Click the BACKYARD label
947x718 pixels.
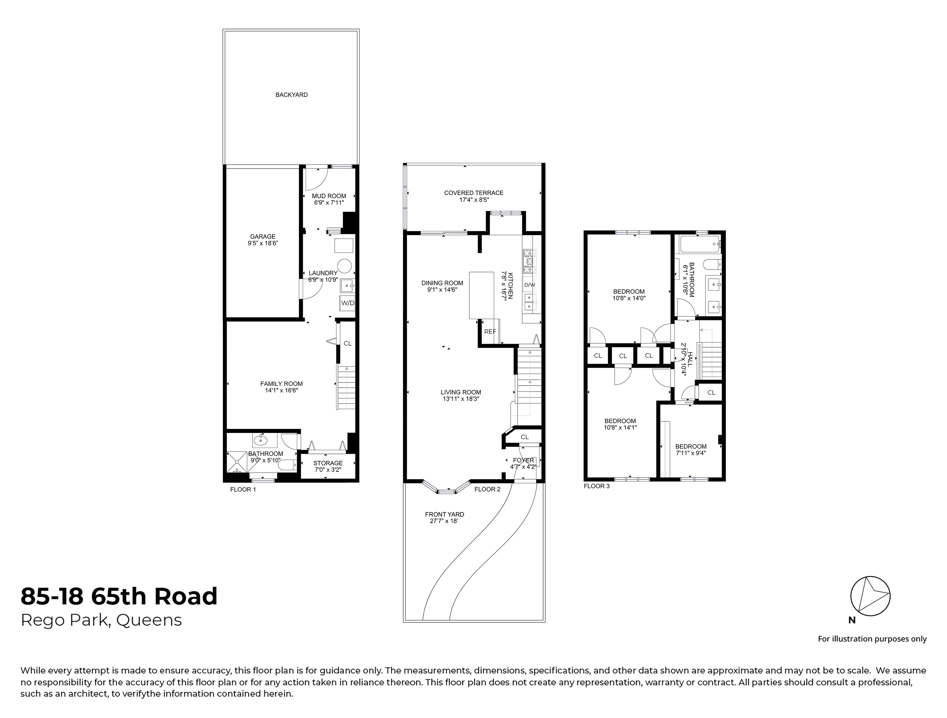[291, 95]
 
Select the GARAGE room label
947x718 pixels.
[262, 237]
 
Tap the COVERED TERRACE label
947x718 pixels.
[473, 193]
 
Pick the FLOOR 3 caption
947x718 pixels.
[596, 486]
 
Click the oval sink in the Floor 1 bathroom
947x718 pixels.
[260, 439]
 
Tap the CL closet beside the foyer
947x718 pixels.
[524, 437]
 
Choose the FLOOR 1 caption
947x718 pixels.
[243, 489]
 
